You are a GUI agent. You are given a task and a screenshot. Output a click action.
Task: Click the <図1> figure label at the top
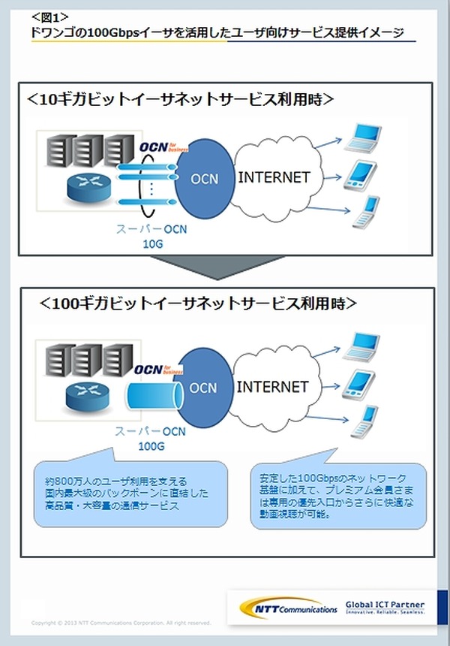coord(51,16)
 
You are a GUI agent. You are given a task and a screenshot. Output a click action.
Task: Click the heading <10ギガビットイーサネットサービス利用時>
coord(180,99)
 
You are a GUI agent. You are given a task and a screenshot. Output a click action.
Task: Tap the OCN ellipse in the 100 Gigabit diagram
coord(203,388)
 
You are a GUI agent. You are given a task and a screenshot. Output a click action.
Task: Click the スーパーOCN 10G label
coord(152,237)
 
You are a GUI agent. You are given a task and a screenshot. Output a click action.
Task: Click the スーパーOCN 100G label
coord(150,439)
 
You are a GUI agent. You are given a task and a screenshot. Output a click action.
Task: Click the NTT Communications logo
coord(289,606)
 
